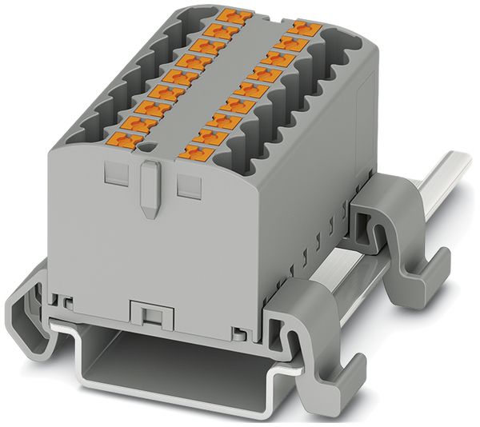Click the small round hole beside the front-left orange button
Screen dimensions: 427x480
point(145,146)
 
